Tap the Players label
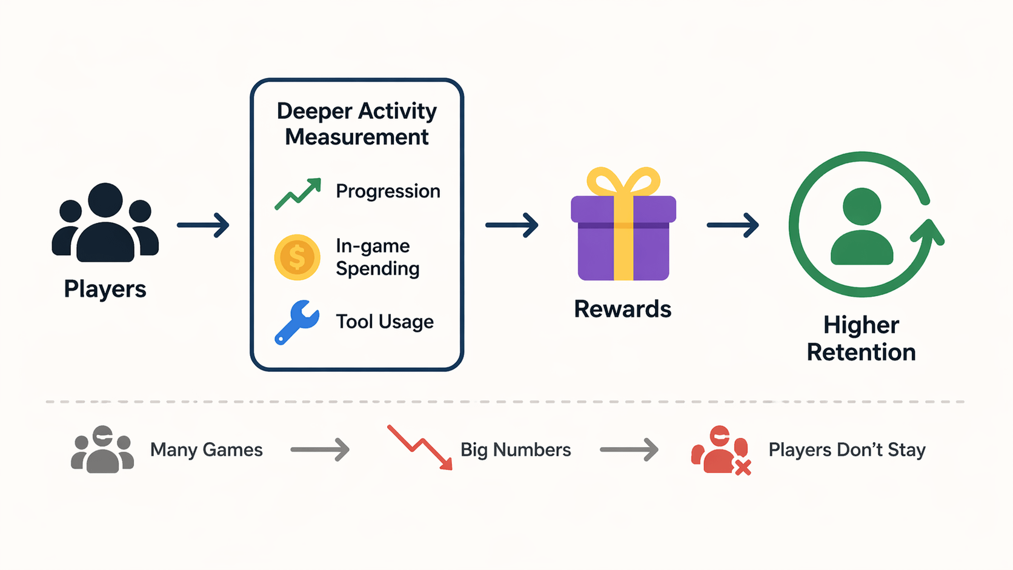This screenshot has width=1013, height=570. [x=105, y=289]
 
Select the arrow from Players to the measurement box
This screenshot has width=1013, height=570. [x=204, y=225]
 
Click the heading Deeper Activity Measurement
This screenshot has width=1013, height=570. [x=357, y=124]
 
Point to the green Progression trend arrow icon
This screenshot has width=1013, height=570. [x=297, y=193]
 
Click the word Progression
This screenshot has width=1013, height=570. [x=388, y=191]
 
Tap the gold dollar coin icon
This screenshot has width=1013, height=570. [x=297, y=257]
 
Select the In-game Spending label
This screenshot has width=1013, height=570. [x=377, y=257]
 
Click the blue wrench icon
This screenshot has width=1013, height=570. [x=296, y=322]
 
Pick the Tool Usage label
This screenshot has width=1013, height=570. [x=385, y=322]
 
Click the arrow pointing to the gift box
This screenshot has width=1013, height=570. [x=512, y=225]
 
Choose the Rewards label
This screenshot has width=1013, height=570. [x=622, y=309]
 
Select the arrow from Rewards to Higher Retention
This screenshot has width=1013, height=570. [x=733, y=225]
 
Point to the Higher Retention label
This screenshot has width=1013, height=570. [x=861, y=339]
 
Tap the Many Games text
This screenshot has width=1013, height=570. [x=206, y=450]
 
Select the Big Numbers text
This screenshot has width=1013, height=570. [x=516, y=450]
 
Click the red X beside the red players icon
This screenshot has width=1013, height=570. [x=743, y=466]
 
